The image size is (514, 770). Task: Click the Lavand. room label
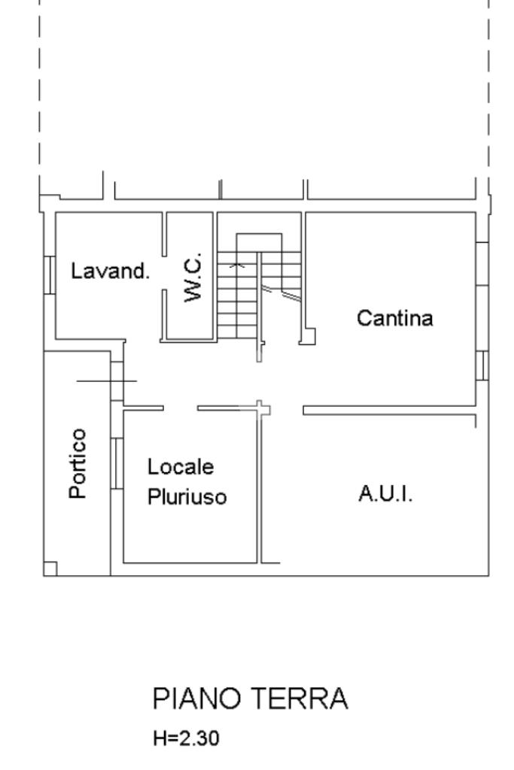tap(110, 271)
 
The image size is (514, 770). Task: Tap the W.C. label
tap(193, 277)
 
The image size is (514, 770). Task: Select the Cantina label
tap(394, 318)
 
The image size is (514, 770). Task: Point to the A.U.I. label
tap(385, 493)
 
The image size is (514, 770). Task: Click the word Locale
tap(181, 466)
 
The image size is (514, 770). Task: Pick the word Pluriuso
tap(187, 496)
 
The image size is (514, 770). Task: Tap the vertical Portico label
tap(78, 463)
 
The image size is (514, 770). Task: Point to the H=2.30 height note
tap(186, 738)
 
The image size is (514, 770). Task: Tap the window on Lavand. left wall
tap(50, 275)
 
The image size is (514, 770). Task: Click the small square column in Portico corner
tap(50, 568)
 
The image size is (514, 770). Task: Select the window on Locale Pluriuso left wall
tap(117, 463)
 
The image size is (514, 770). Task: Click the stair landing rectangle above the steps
tap(259, 243)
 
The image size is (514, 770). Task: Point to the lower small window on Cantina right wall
tap(482, 366)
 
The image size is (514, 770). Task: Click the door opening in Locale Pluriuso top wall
tap(181, 408)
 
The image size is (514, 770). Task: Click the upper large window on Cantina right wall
tap(482, 264)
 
